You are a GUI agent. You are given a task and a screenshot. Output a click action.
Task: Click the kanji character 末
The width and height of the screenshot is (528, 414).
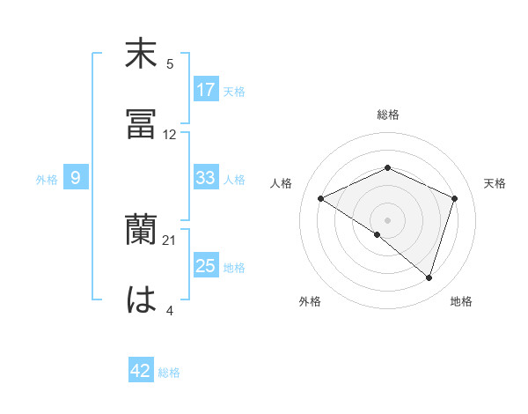pyautogui.click(x=142, y=55)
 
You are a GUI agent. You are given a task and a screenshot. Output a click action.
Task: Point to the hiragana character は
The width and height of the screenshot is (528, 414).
pyautogui.click(x=142, y=299)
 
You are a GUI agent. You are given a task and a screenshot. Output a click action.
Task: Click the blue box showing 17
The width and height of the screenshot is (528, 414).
pyautogui.click(x=206, y=90)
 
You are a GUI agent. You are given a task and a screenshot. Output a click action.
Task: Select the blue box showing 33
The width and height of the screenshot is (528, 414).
pyautogui.click(x=206, y=178)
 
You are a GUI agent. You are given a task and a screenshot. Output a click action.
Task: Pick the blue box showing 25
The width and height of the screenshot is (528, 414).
pyautogui.click(x=206, y=267)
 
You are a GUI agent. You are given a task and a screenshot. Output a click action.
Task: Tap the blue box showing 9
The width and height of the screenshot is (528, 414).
pyautogui.click(x=76, y=178)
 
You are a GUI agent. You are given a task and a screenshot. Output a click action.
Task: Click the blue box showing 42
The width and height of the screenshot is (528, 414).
pyautogui.click(x=141, y=371)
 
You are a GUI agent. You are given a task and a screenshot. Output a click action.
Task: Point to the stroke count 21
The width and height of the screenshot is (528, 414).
pyautogui.click(x=169, y=240)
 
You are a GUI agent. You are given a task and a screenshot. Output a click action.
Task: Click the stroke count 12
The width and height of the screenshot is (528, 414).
pyautogui.click(x=169, y=135)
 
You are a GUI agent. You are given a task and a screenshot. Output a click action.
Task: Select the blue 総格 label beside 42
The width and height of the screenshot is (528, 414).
pyautogui.click(x=169, y=373)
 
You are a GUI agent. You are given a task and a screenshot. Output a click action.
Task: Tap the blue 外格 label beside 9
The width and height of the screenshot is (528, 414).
pyautogui.click(x=47, y=180)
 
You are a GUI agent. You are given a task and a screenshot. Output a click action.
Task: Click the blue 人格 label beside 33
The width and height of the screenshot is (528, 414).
pyautogui.click(x=234, y=180)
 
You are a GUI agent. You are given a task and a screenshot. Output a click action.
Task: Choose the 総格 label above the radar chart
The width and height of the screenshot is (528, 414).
pyautogui.click(x=388, y=115)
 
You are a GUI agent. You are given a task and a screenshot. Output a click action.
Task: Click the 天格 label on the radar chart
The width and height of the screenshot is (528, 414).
pyautogui.click(x=495, y=183)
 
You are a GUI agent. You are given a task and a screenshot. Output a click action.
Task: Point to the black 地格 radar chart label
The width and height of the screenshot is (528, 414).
pyautogui.click(x=461, y=302)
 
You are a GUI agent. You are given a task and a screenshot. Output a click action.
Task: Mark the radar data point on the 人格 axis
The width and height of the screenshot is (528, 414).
pyautogui.click(x=321, y=198)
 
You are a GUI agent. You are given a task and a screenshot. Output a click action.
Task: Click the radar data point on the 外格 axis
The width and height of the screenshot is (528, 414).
pyautogui.click(x=377, y=234)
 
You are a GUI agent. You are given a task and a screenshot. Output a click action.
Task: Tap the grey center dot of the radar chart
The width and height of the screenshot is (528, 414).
pyautogui.click(x=388, y=219)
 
